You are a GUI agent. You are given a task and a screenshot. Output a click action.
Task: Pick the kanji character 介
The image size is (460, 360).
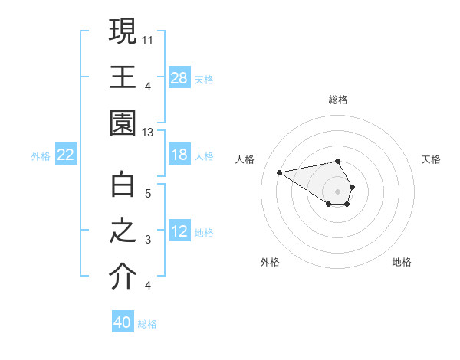[123, 277]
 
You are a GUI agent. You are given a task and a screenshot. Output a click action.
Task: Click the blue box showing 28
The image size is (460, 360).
[179, 77]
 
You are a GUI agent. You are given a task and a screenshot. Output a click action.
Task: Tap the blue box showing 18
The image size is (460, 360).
[179, 155]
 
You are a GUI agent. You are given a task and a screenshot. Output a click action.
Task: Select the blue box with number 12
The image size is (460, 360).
[179, 231]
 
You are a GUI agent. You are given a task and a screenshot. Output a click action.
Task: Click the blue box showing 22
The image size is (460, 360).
[66, 155]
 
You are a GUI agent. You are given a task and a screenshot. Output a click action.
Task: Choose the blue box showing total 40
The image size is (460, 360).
[123, 322]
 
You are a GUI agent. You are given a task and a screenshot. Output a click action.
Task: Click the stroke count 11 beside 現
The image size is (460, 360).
[148, 39]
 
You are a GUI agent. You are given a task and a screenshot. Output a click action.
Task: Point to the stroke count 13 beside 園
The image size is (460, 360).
[148, 133]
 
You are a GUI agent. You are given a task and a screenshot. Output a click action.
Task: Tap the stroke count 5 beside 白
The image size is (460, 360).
[147, 194]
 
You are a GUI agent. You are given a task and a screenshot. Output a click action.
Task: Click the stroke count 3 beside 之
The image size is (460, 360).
[147, 241]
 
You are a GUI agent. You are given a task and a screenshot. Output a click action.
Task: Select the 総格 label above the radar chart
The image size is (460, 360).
[338, 100]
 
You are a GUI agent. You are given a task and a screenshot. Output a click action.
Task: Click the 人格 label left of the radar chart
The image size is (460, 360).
[246, 159]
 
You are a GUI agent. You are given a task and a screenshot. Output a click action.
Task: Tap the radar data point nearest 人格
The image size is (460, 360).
[280, 172]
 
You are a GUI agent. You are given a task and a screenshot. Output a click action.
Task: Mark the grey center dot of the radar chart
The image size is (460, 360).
[338, 190]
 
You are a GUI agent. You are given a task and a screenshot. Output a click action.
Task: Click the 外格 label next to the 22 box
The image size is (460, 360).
[41, 155]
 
